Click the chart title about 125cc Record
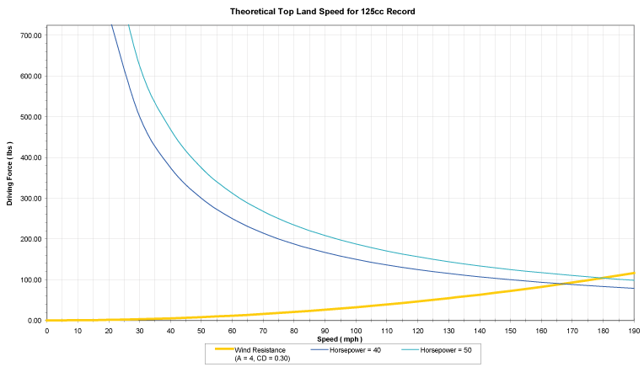[x=323, y=13]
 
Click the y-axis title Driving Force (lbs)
[x=9, y=173]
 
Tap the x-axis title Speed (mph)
[x=340, y=339]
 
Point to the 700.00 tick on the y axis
[x=32, y=35]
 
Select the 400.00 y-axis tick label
[x=32, y=157]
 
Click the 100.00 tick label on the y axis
[x=32, y=279]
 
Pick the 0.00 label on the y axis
[x=35, y=320]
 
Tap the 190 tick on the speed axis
[x=633, y=330]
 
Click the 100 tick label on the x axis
[x=356, y=330]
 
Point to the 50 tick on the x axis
[x=201, y=330]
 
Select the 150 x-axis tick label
[x=510, y=330]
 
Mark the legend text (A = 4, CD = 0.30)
[x=262, y=358]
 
